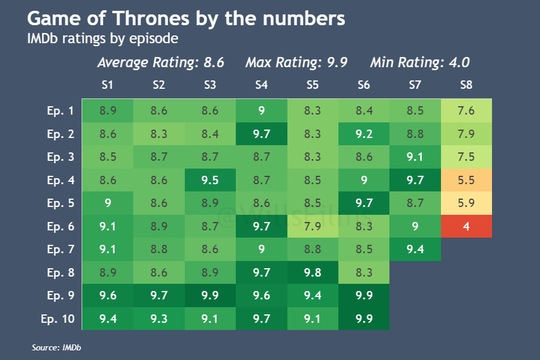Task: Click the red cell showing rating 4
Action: tap(466, 226)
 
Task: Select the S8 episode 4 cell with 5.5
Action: tap(466, 180)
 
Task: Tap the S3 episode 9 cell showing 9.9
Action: tap(210, 295)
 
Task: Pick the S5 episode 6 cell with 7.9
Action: tap(313, 226)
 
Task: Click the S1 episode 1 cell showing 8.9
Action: tap(108, 110)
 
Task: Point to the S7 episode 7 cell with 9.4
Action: tap(415, 249)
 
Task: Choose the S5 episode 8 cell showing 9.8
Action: tap(313, 272)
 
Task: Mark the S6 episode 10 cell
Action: tap(364, 319)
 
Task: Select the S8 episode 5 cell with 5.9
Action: tap(466, 203)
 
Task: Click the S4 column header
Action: tap(261, 85)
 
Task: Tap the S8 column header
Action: tap(466, 85)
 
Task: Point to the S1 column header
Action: tap(108, 85)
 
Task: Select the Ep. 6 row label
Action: tap(60, 226)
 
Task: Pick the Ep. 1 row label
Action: tap(60, 110)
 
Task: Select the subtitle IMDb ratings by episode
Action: tap(103, 39)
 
